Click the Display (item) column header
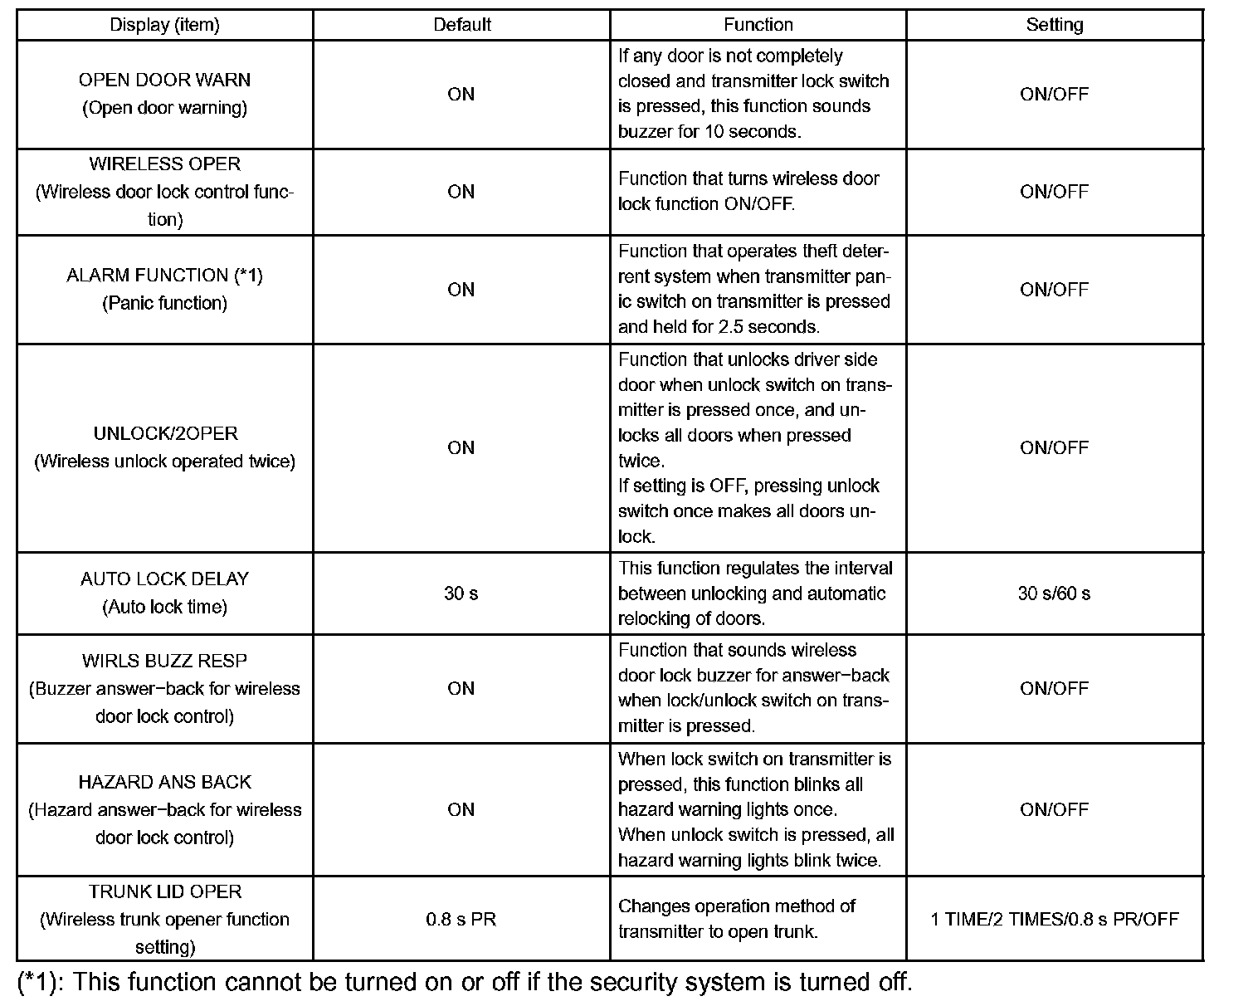click(x=164, y=25)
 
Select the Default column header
click(x=461, y=25)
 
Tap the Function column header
click(x=758, y=25)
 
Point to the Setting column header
click(x=1054, y=25)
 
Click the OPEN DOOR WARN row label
click(x=164, y=81)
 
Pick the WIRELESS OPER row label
click(x=164, y=164)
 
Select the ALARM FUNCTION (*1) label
click(x=164, y=276)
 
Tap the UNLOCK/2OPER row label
click(x=164, y=434)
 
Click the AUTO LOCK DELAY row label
click(x=164, y=579)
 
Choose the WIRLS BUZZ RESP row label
click(x=164, y=662)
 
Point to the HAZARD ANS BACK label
click(x=164, y=783)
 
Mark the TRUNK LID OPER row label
click(x=164, y=892)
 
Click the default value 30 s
click(x=461, y=593)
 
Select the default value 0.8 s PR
click(x=461, y=920)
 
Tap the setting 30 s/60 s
click(x=1054, y=593)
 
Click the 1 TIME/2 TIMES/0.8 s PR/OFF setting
click(x=1054, y=920)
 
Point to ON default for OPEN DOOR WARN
click(x=461, y=95)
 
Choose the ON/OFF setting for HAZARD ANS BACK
click(x=1054, y=810)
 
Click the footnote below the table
click(x=465, y=983)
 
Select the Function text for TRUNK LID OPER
click(x=737, y=919)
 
